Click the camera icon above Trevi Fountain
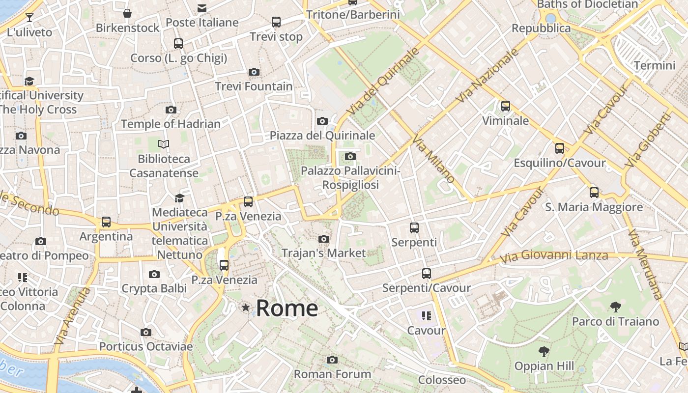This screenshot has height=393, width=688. click(254, 72)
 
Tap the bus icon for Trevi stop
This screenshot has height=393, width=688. click(276, 22)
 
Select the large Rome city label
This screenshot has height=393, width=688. click(287, 308)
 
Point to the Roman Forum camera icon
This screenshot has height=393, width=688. click(332, 360)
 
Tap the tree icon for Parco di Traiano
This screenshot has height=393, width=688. click(615, 308)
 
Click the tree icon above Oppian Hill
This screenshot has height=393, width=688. click(544, 352)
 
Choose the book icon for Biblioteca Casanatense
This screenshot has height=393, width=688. click(164, 144)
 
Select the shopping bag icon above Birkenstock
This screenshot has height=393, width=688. click(127, 13)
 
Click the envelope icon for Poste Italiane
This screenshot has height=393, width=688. click(202, 8)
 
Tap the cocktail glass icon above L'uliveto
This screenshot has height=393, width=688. click(29, 18)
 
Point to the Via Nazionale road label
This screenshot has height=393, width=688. click(487, 75)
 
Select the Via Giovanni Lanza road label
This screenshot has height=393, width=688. click(554, 255)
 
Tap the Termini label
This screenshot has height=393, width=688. click(655, 65)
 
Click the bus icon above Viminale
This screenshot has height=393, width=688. click(505, 106)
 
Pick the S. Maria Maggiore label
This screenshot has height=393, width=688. click(594, 207)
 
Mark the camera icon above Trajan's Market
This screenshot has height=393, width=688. click(324, 239)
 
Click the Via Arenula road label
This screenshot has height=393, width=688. click(73, 316)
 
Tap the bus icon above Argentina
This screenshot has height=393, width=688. click(106, 222)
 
